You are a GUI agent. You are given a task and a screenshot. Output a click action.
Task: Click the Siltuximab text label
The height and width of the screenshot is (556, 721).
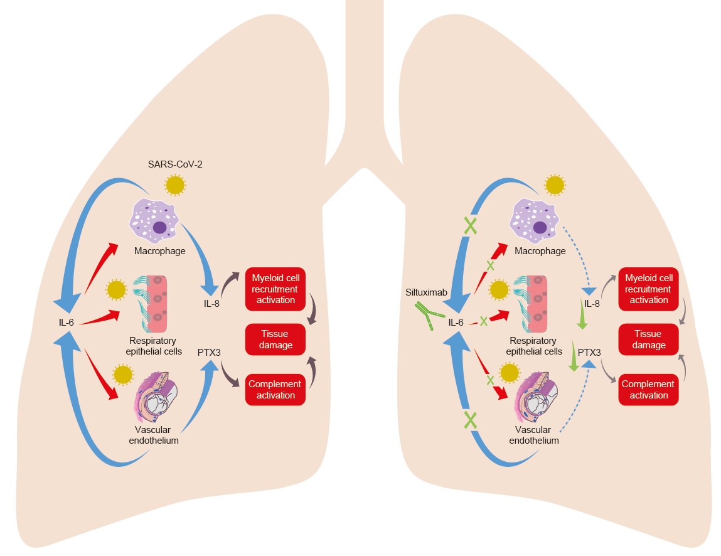(425, 292)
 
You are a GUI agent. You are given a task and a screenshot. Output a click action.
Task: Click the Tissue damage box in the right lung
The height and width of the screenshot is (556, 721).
(649, 339)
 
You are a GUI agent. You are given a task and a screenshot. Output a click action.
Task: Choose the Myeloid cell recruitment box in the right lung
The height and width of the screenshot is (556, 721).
(649, 289)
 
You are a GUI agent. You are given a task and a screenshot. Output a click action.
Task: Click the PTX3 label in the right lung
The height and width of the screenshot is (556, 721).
(589, 353)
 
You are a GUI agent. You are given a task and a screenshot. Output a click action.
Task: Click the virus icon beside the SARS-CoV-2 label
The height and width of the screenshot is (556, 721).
(175, 185)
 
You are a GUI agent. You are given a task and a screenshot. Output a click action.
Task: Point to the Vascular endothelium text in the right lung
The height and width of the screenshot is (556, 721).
(533, 436)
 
